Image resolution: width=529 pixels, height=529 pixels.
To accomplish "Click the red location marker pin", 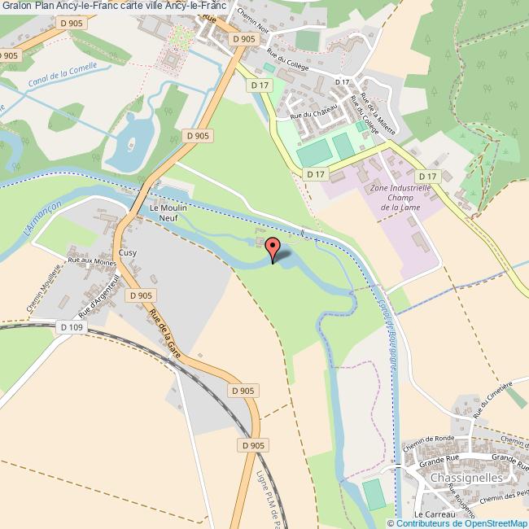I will [x=273, y=247].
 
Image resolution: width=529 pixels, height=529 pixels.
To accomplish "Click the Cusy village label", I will [x=128, y=253].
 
